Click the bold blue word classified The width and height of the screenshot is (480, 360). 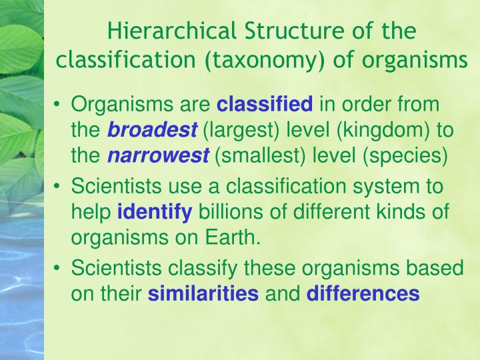coord(265,105)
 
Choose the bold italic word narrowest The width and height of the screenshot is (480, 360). coord(159,156)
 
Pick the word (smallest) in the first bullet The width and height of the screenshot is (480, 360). coord(257,156)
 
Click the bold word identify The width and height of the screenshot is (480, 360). coord(155,213)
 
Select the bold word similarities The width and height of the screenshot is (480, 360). coord(203,295)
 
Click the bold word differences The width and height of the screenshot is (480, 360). coord(363,295)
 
